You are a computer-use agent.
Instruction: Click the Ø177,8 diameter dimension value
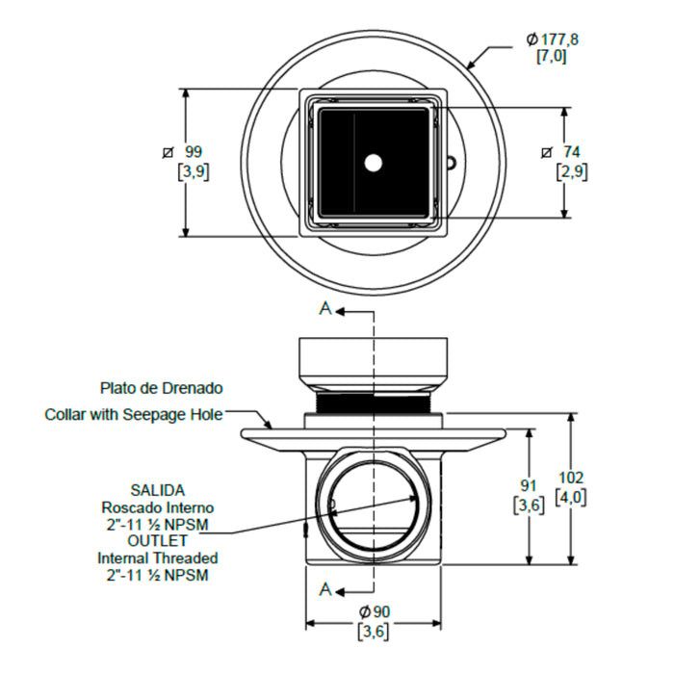(553, 39)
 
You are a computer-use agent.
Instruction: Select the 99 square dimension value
(194, 152)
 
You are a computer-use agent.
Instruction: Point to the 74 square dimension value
(572, 152)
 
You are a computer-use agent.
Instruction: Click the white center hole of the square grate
(374, 163)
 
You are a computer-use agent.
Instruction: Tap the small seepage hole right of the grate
(451, 163)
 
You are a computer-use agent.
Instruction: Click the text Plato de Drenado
(161, 388)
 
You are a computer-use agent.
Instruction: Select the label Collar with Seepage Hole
(134, 414)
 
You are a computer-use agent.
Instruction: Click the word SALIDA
(158, 490)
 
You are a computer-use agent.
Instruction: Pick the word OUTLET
(158, 541)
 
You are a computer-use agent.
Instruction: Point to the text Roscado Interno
(158, 507)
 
